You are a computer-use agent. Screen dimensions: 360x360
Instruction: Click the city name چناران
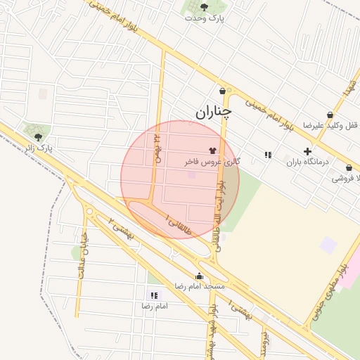[213, 111]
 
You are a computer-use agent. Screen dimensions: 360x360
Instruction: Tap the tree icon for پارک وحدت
[204, 7]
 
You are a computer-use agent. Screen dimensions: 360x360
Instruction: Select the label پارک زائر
[39, 149]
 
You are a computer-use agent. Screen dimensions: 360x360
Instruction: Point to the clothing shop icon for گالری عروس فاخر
[213, 150]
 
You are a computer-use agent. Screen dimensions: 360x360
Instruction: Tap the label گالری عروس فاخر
[212, 162]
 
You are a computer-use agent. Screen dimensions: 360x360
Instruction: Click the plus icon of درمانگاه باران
[307, 151]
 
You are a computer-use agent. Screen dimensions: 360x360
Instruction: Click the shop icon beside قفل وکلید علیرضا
[330, 115]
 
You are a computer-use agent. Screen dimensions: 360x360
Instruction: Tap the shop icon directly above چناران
[223, 91]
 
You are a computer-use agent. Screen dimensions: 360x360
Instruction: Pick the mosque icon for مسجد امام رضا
[199, 276]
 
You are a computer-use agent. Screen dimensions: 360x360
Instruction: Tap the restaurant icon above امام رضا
[153, 295]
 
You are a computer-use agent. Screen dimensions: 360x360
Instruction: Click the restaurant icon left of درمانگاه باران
[268, 155]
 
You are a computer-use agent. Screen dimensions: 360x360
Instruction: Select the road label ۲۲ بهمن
[157, 149]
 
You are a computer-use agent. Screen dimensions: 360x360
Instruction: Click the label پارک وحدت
[204, 18]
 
